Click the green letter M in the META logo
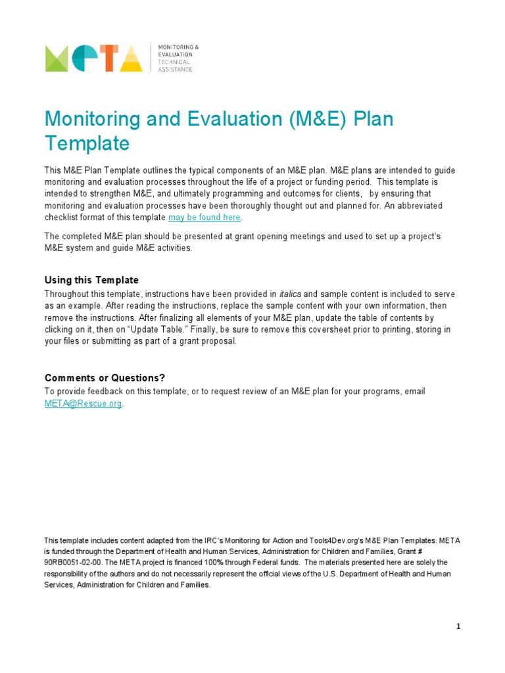[x=59, y=58]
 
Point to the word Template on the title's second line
[x=87, y=143]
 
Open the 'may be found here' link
[x=205, y=218]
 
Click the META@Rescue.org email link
[x=83, y=404]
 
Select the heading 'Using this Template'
[x=91, y=281]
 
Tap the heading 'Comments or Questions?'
[x=105, y=378]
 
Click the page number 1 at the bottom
[x=458, y=626]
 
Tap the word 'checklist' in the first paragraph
[x=63, y=218]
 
